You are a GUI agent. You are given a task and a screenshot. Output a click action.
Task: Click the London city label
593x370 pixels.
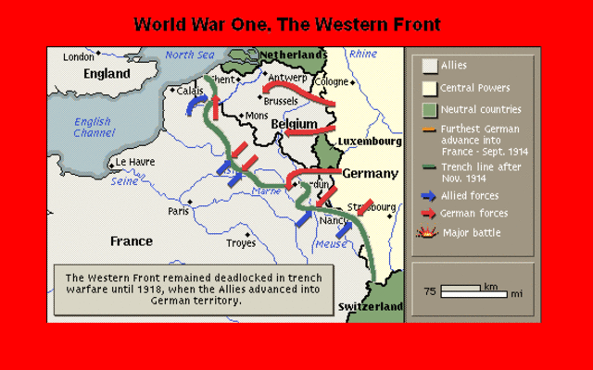(x=79, y=57)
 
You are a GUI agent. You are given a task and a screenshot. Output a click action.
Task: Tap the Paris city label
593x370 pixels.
(x=178, y=211)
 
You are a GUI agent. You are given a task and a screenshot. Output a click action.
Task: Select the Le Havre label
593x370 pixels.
(x=133, y=162)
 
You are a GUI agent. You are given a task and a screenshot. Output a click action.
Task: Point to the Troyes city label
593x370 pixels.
(x=241, y=243)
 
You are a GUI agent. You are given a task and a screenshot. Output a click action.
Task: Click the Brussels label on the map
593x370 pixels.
(x=281, y=100)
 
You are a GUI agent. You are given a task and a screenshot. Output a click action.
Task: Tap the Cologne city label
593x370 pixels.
(x=331, y=81)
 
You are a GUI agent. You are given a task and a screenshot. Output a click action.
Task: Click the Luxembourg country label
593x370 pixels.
(x=371, y=142)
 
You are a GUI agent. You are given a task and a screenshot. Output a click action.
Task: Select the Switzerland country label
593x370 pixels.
(x=371, y=306)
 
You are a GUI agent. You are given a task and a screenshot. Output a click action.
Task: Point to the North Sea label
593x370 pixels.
(x=190, y=55)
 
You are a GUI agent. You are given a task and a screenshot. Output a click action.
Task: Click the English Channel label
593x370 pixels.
(x=93, y=128)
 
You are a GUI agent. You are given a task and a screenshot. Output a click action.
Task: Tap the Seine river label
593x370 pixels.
(x=124, y=182)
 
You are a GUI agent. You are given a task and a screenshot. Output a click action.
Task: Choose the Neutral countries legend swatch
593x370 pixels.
(x=430, y=110)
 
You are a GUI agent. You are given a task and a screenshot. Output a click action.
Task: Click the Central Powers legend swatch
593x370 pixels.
(x=430, y=89)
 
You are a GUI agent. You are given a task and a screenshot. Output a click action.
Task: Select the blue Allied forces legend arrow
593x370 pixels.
(x=428, y=196)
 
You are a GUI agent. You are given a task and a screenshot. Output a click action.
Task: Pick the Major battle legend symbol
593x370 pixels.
(x=429, y=232)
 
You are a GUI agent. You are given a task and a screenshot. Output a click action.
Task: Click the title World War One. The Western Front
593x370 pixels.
(x=287, y=24)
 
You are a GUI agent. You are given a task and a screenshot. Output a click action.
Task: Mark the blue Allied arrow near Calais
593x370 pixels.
(x=196, y=106)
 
